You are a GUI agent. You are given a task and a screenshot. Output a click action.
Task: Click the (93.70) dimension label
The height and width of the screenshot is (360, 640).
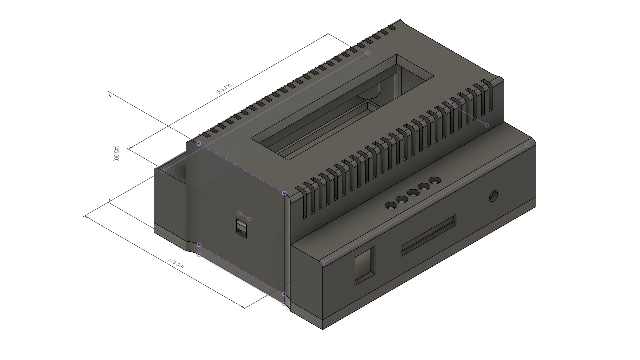tap(224, 88)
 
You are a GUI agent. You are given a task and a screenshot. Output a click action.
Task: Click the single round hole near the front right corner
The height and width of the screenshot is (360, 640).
tap(493, 196)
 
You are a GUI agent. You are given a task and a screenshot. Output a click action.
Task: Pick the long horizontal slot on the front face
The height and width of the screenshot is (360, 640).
tap(429, 235)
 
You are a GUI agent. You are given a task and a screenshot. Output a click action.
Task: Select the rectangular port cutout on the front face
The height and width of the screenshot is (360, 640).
tap(365, 265)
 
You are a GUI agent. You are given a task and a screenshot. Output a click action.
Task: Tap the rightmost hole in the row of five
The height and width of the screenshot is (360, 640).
tap(434, 181)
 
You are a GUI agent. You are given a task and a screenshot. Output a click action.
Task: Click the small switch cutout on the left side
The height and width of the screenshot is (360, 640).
tap(242, 228)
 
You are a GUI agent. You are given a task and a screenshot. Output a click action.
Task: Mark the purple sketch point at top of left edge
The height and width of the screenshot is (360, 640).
tap(199, 144)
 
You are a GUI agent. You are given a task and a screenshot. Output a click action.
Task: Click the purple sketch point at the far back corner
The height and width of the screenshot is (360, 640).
tap(367, 53)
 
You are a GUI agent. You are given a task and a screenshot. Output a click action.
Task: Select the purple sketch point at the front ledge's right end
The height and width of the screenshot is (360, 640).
tap(527, 145)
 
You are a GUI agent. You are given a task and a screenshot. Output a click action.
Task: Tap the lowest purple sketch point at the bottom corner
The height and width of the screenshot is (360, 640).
tap(284, 304)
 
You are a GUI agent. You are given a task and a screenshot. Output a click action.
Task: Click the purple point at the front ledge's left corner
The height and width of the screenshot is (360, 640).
tap(323, 263)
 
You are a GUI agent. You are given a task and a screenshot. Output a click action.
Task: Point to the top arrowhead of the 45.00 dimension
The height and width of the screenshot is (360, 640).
tap(110, 93)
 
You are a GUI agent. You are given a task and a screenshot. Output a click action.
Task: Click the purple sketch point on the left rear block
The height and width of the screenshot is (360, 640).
tap(163, 171)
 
